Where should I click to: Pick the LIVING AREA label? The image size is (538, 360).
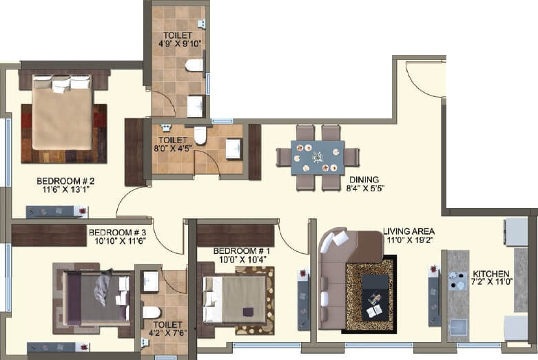(x=408, y=231)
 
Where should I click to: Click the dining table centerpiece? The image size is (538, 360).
(x=318, y=157)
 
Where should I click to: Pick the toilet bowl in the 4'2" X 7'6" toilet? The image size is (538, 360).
(x=151, y=312)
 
